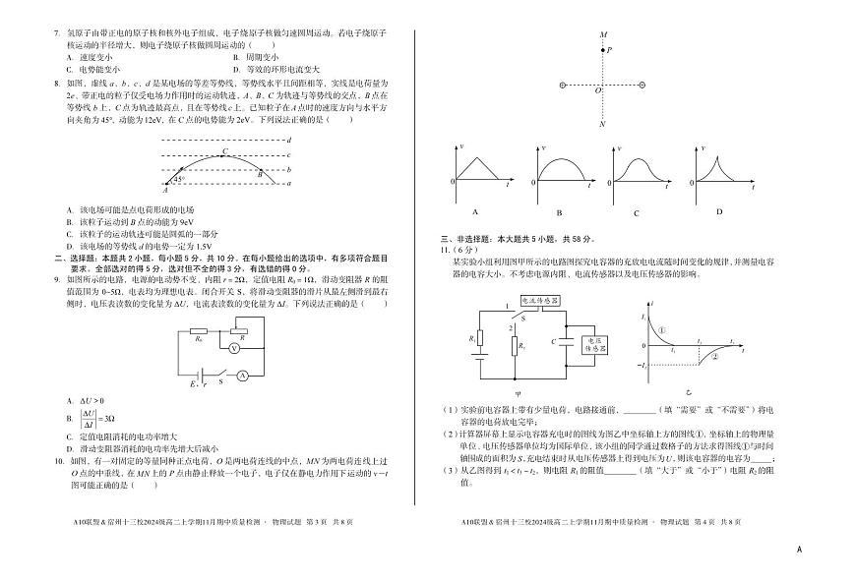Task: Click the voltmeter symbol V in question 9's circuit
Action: (x=233, y=348)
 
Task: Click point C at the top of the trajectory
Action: (x=225, y=152)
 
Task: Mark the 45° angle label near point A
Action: (x=179, y=178)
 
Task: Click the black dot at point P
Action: (x=603, y=50)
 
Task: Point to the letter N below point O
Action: (x=603, y=125)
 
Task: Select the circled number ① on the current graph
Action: (x=664, y=330)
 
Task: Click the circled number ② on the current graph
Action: (x=715, y=357)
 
